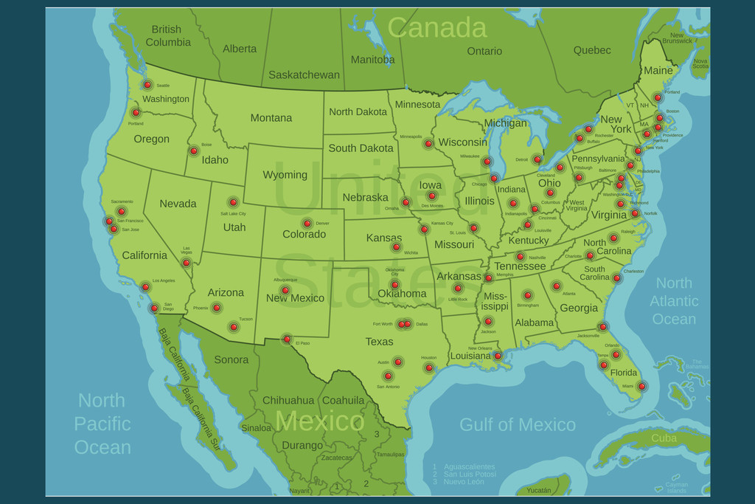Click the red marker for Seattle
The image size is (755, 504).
coord(147,85)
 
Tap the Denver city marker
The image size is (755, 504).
coord(307,224)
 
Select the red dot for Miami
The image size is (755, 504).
coord(641,386)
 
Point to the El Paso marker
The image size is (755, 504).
coord(287,339)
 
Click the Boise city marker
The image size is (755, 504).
coord(194,151)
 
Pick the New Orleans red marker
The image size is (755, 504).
coord(498,356)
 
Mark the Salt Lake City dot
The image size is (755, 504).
coord(233,202)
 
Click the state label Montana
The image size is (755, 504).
coord(271,118)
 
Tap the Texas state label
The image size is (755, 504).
coord(379,342)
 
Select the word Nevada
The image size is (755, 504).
coord(178,204)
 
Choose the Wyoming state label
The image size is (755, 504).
coord(285,175)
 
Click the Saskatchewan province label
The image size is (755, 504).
coord(304,75)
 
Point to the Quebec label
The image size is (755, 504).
coord(592,50)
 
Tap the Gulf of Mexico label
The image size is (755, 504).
coord(517,425)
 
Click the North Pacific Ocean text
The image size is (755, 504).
coord(102,424)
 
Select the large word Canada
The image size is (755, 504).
coord(436,28)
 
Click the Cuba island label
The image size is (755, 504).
coord(664,438)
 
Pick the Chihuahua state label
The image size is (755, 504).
coord(288,401)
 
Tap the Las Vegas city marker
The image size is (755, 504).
coord(187,263)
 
